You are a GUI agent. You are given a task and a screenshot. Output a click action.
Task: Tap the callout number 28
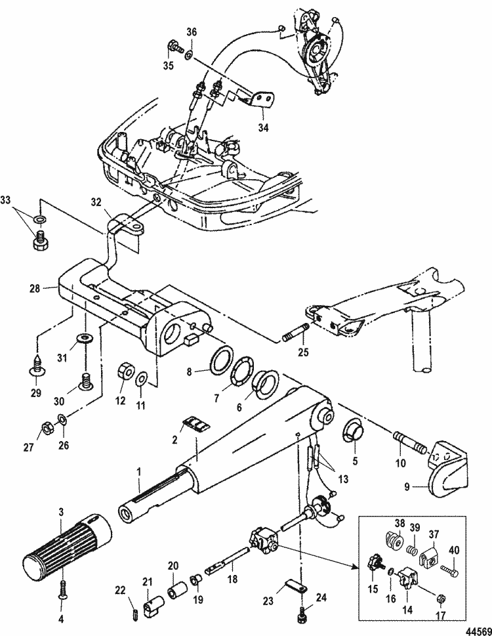pos(35,288)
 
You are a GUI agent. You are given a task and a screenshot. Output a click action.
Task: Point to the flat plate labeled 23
pos(295,583)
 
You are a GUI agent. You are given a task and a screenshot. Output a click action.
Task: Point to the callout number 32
pos(97,201)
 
